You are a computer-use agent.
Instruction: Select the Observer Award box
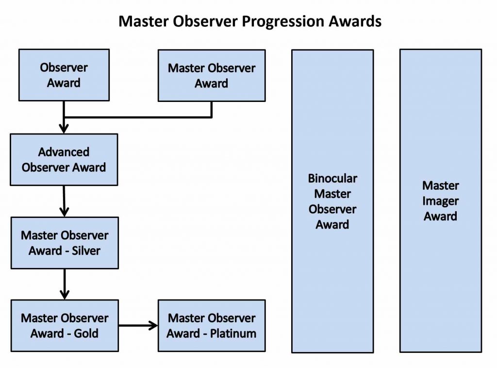[64, 75]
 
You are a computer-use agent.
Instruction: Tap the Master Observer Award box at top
[212, 75]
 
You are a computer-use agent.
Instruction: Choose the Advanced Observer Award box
[64, 160]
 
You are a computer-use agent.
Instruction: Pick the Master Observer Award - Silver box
[65, 243]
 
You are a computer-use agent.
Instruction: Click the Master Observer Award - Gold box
[65, 326]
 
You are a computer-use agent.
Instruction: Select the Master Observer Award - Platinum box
[212, 326]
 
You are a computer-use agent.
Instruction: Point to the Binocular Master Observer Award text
[332, 201]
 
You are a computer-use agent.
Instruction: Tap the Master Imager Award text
[441, 201]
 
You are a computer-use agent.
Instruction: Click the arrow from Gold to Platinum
[138, 325]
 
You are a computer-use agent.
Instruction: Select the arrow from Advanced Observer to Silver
[64, 201]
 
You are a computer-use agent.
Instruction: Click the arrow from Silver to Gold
[64, 284]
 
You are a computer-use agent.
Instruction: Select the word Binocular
[332, 178]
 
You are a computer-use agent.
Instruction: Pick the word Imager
[441, 201]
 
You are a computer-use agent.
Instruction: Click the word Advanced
[64, 152]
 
